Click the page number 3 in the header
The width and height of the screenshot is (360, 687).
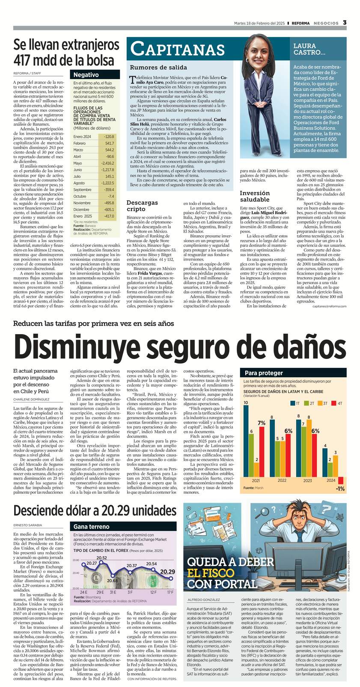pos(345,23)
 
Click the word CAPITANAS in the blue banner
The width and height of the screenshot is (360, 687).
pos(177,50)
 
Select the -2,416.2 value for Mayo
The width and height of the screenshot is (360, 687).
pos(107,163)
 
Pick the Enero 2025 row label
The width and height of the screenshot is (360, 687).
pos(83,216)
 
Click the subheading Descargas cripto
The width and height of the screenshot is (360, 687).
pos(142,205)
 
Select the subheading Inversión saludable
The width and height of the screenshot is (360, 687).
pos(254,196)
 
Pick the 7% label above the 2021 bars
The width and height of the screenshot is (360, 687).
pos(261,423)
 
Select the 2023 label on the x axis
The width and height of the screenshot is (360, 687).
pos(307,480)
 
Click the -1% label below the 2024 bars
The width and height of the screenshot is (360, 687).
pos(340,489)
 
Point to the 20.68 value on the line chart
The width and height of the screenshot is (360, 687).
pos(112,580)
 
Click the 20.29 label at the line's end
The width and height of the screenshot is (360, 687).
pos(167,572)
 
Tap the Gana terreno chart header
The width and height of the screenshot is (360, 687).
pos(92,527)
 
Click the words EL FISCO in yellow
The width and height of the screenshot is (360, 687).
pos(211,573)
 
